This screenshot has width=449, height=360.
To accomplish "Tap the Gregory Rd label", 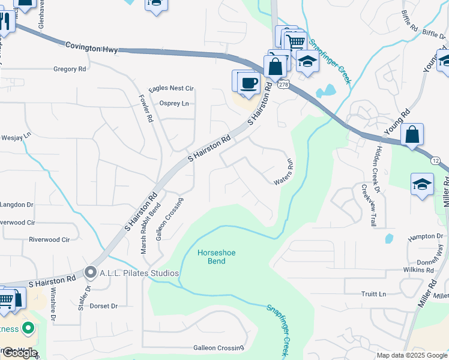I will point(70,70).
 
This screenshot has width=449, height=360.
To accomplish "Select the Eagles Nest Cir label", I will point(172,88).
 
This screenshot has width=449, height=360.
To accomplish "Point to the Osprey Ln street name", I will point(173,103).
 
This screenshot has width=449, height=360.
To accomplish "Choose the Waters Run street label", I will point(284,172).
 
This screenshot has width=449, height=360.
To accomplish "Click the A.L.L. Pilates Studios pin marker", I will point(91,273).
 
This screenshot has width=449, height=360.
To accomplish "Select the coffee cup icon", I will point(249,83).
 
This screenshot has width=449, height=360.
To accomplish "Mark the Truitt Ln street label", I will point(374,294).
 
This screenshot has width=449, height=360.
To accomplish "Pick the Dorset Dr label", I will point(104,306).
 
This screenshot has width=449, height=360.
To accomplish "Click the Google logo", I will point(19,353).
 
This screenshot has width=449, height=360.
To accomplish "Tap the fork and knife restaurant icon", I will point(5,23).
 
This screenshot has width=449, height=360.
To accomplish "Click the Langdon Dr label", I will point(17,205).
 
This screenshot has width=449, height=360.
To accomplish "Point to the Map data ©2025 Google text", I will point(412,355).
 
